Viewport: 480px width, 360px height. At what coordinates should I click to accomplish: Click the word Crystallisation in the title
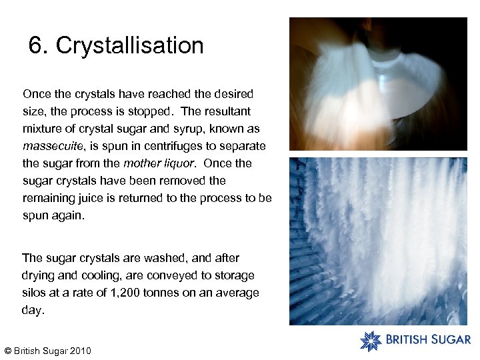click(x=129, y=46)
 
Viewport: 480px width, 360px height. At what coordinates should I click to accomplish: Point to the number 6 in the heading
click(x=35, y=46)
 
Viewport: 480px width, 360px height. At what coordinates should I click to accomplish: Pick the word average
click(x=238, y=293)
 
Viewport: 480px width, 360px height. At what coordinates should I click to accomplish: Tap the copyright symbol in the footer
click(x=7, y=351)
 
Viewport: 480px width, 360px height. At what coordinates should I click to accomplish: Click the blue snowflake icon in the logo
click(x=371, y=340)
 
